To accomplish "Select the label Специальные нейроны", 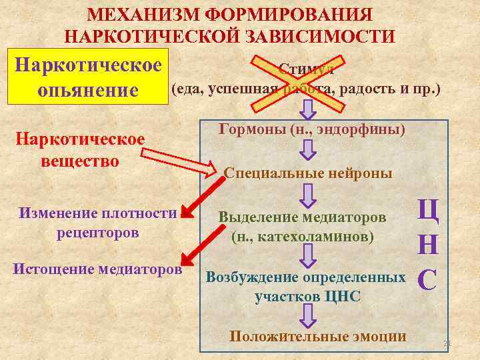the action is (x=308, y=173).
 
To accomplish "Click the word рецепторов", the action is (x=98, y=233).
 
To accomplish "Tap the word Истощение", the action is (x=53, y=269).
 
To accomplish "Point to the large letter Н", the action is (x=427, y=245).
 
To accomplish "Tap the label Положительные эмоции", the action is (x=317, y=336).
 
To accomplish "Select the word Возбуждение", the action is (x=253, y=277).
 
